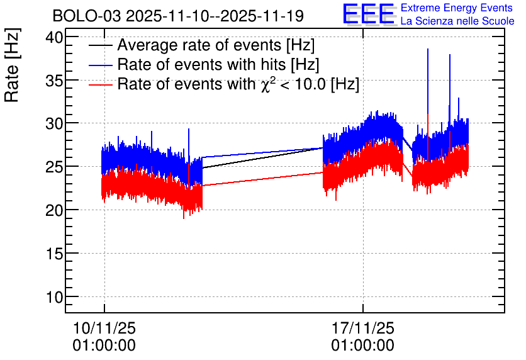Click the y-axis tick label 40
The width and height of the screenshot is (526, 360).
tap(54, 37)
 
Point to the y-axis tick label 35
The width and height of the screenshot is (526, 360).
tap(54, 81)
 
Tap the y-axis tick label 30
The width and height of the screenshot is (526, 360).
tap(54, 123)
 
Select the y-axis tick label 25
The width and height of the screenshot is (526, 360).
tap(54, 167)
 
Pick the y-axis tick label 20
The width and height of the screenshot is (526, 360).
tap(54, 210)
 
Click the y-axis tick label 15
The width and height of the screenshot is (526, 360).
tap(54, 254)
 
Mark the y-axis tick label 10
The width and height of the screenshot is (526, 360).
tap(54, 297)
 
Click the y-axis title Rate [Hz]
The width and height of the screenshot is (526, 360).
tap(12, 65)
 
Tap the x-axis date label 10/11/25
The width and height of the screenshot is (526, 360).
tap(104, 328)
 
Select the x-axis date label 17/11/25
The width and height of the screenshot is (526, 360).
tap(363, 328)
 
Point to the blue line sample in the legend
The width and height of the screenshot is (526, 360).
tap(100, 65)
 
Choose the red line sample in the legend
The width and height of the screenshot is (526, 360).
tap(100, 85)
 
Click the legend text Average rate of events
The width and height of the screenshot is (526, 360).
tap(199, 45)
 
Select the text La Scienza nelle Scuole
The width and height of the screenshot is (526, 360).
tap(457, 21)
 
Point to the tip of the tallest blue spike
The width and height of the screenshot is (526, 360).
tap(428, 48)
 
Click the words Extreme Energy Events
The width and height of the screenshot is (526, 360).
tap(457, 8)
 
